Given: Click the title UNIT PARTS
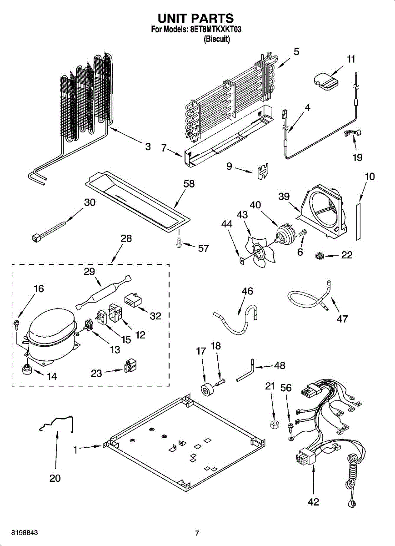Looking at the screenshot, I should (195, 18).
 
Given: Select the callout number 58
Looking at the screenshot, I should (189, 183).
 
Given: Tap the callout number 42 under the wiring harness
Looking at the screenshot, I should (313, 502).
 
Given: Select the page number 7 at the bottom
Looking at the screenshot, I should (197, 533).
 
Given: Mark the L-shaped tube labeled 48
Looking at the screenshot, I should (245, 369).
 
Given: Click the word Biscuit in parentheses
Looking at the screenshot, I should (217, 39).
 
